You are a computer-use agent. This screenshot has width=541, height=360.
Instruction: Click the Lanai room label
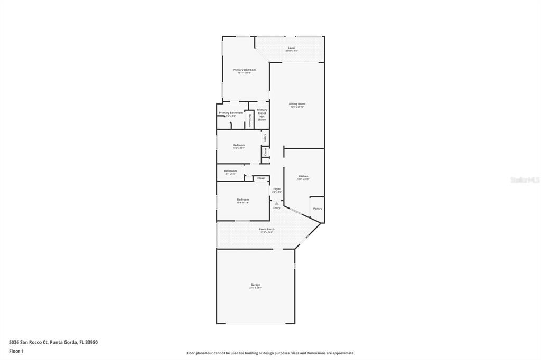tap(291, 48)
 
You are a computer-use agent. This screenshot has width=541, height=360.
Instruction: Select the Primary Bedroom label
tap(244, 70)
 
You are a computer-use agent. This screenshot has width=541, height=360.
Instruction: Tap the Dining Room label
tap(297, 104)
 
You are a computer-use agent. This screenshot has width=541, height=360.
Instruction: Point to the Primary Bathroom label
tap(231, 113)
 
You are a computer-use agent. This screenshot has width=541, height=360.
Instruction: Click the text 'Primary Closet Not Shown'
tap(262, 115)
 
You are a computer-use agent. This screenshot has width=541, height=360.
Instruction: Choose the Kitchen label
tap(303, 176)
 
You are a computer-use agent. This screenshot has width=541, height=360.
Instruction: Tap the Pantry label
tap(318, 209)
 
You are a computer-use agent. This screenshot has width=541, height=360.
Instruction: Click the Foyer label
tap(276, 189)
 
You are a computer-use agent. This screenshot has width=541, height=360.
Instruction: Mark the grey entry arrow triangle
tap(276, 203)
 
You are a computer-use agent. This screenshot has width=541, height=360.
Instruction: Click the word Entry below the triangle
tap(276, 208)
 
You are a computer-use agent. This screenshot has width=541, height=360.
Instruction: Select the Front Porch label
tap(267, 229)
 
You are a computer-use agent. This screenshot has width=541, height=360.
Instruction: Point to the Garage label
tap(255, 285)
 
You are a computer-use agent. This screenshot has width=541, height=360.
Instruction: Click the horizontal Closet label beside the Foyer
tap(261, 178)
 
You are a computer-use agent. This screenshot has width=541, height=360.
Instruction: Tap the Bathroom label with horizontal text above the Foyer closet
tap(230, 171)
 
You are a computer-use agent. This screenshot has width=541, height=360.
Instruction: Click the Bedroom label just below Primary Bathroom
tap(239, 145)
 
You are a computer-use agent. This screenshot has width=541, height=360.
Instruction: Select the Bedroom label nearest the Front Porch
tap(242, 200)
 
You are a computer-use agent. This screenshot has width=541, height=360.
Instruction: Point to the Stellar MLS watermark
tap(525, 180)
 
